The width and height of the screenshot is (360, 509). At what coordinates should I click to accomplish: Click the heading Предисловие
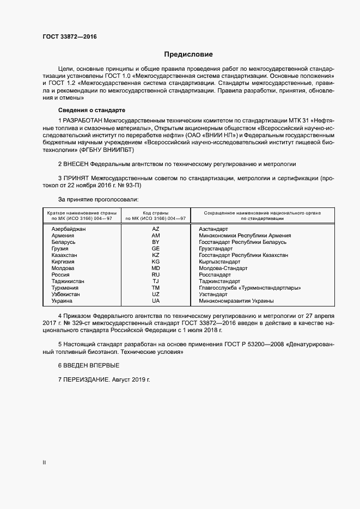pyautogui.click(x=189, y=54)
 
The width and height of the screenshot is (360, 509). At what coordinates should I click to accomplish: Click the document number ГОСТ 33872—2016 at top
pyautogui.click(x=70, y=37)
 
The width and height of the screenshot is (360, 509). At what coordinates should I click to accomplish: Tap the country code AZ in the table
pyautogui.click(x=156, y=229)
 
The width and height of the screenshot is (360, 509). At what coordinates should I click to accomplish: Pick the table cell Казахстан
pyautogui.click(x=64, y=255)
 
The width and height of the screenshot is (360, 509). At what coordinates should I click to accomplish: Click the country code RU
pyautogui.click(x=156, y=275)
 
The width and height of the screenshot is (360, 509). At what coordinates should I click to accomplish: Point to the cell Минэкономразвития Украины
pyautogui.click(x=236, y=301)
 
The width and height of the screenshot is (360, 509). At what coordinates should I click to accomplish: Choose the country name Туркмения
pyautogui.click(x=65, y=288)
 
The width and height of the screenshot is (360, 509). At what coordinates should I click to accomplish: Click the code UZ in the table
pyautogui.click(x=156, y=295)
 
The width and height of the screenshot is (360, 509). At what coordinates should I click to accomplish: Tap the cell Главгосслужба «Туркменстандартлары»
pyautogui.click(x=250, y=288)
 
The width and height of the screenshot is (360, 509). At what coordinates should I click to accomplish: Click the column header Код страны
pyautogui.click(x=156, y=213)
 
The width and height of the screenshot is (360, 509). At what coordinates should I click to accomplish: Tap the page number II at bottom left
pyautogui.click(x=44, y=463)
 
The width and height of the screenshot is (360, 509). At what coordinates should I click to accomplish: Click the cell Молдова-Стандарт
pyautogui.click(x=223, y=268)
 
